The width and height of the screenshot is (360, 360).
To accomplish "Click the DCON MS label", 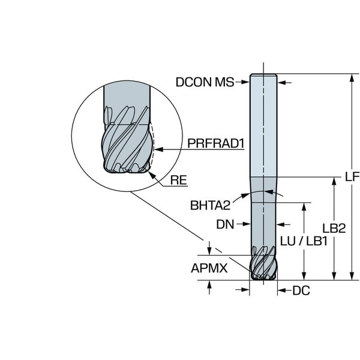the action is coord(205,82).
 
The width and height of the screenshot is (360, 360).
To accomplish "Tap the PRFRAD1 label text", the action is coord(216,143).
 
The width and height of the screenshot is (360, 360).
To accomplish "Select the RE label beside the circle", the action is coord(178,180).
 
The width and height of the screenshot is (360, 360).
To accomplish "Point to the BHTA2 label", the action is coord(210,205).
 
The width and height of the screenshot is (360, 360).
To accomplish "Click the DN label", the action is coord(225,224).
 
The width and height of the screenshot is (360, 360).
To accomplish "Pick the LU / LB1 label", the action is coord(304,241).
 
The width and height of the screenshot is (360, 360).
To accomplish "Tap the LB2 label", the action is coord(334,228).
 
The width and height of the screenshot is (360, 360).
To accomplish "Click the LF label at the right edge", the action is coord(352,177).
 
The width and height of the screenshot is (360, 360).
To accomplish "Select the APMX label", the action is coord(209,268).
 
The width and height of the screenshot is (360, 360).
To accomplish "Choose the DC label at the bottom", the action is coord(301,290).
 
